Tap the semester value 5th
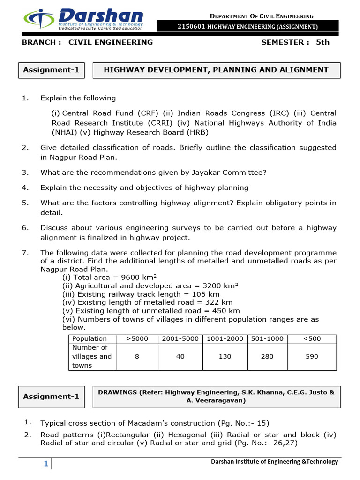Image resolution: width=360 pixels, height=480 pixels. pos(322,42)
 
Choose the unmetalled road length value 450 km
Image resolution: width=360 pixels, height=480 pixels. pos(226,311)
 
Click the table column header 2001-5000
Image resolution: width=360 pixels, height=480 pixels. pos(180,338)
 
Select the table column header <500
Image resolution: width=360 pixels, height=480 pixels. pos(311,338)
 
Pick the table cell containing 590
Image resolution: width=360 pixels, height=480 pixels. pos(311,356)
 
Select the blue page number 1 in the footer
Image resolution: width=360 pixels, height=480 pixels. pos(46,464)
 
